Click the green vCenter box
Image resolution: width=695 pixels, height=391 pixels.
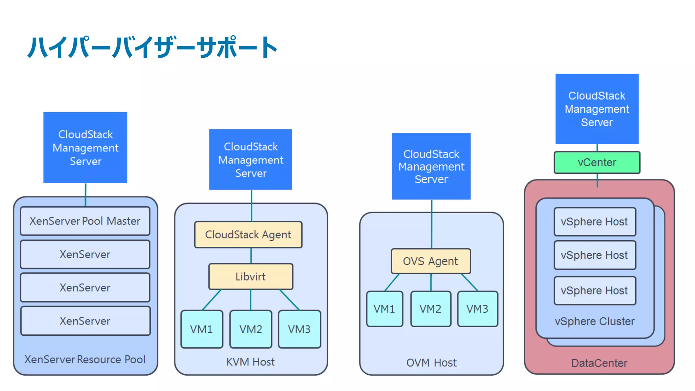[x=597, y=163]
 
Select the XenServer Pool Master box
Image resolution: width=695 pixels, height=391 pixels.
[x=85, y=221]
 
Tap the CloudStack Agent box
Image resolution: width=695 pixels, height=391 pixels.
[x=248, y=235]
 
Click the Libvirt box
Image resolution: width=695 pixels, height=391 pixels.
[x=250, y=277]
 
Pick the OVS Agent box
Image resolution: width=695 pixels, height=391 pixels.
[x=431, y=261]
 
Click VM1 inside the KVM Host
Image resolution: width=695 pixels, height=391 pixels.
[x=202, y=329]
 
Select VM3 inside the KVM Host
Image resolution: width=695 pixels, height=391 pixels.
[x=299, y=329]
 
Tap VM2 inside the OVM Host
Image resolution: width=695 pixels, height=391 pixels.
[x=431, y=309]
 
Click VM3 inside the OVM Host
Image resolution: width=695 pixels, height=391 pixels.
[x=477, y=309]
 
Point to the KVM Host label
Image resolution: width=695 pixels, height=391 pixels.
[x=250, y=362]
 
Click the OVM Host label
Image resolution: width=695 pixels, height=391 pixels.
[x=431, y=362]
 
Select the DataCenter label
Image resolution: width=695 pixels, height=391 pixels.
[x=599, y=363]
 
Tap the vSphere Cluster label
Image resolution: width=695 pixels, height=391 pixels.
[x=595, y=321]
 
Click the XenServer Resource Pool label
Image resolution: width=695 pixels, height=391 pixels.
[x=85, y=359]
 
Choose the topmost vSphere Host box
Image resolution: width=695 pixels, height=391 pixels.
[x=595, y=222]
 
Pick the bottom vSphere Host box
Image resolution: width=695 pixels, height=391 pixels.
[x=595, y=291]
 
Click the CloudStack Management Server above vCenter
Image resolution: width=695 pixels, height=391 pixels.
[x=597, y=109]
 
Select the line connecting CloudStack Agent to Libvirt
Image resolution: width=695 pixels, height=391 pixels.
[x=251, y=256]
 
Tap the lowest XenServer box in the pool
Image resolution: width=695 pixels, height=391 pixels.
[x=85, y=321]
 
